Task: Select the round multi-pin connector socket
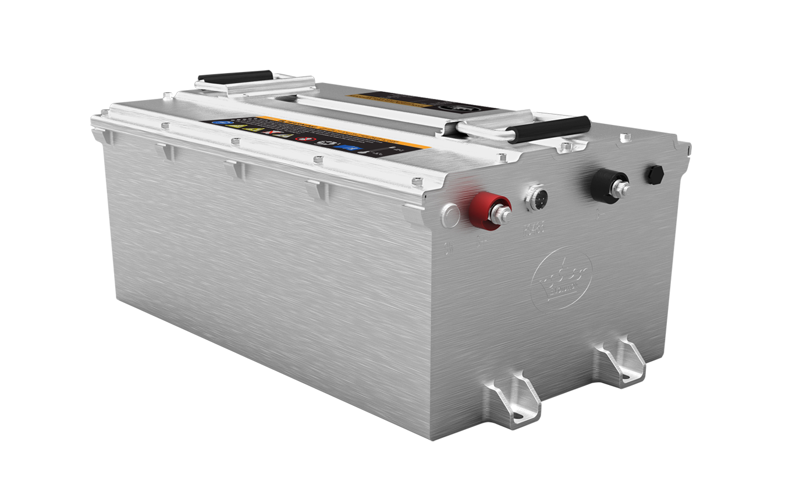(535, 197)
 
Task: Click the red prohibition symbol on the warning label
(302, 140)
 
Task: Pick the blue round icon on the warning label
(219, 123)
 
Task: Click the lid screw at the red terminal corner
(417, 182)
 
